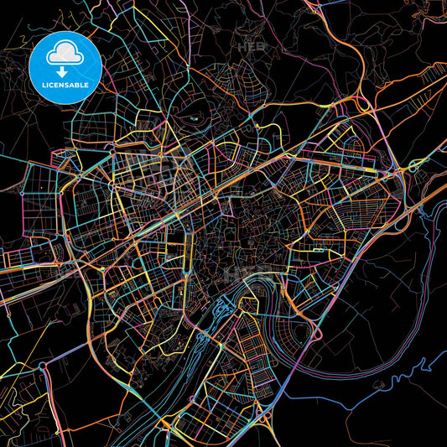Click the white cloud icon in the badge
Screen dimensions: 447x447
click(x=64, y=52)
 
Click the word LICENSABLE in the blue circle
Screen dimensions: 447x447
click(x=64, y=84)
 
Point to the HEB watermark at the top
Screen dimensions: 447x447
click(x=249, y=48)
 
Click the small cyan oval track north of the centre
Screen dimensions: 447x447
click(x=195, y=118)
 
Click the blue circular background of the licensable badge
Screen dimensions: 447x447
click(x=42, y=67)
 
